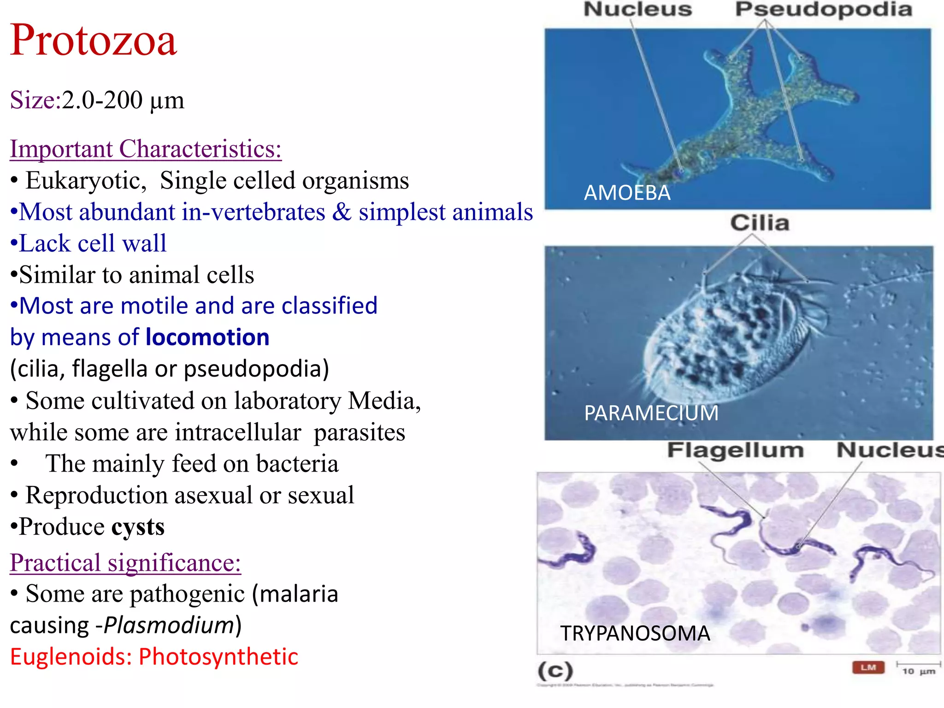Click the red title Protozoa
(94, 41)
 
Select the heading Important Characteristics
(146, 149)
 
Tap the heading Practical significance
(125, 563)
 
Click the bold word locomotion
(207, 337)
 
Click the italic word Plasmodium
(169, 625)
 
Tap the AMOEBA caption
(627, 193)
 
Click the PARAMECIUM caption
(651, 413)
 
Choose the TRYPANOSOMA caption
(635, 633)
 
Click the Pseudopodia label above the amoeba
(823, 10)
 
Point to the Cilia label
(760, 223)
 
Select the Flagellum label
(735, 450)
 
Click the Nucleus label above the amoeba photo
(638, 10)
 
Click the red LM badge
(868, 667)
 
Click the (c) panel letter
(555, 671)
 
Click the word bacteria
(297, 464)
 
